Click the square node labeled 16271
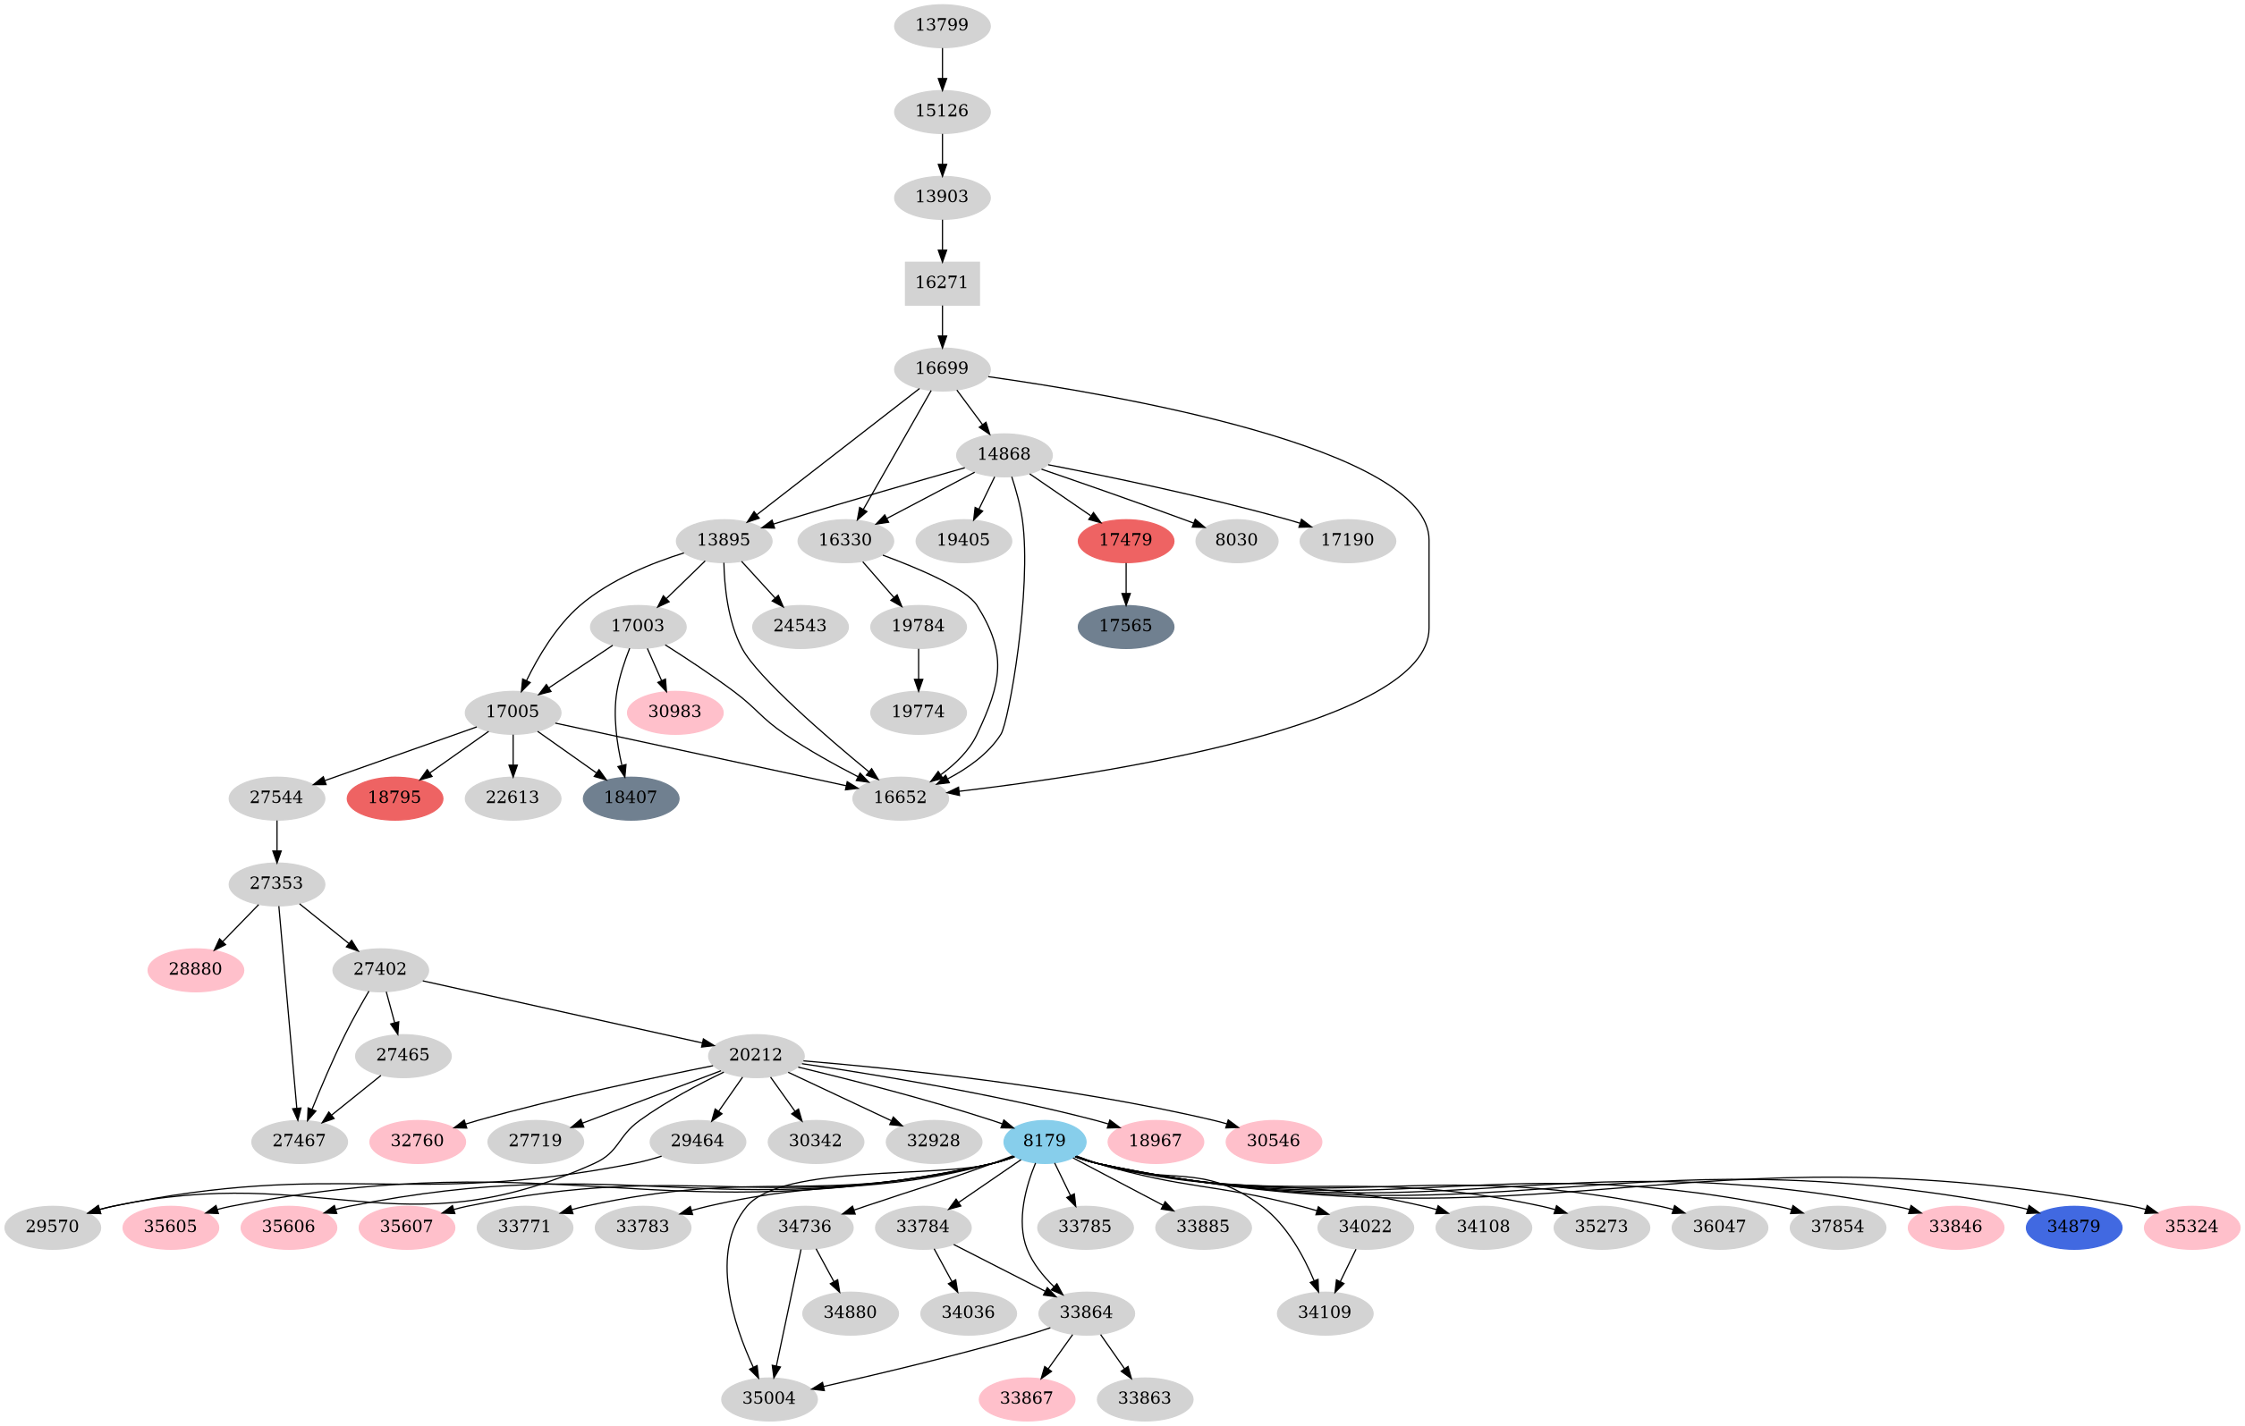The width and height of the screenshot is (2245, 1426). coord(942,283)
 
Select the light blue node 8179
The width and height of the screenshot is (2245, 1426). coord(1044,1141)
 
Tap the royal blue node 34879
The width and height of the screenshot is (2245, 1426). coord(2073,1227)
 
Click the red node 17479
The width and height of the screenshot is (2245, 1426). coord(1125,541)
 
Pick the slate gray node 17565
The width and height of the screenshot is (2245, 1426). coord(1125,627)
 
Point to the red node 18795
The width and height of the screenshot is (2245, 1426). coord(394,797)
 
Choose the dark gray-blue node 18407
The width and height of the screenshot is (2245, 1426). coord(631,797)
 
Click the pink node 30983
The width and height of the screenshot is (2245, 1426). coord(674,712)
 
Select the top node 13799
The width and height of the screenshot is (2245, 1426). coord(942,25)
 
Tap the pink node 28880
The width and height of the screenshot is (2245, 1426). coord(196,969)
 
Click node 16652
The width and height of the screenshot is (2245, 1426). coord(900,797)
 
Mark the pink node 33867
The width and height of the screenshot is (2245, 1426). coord(1026,1398)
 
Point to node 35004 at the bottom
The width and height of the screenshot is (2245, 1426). coord(769,1398)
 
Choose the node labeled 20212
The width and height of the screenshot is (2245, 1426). coord(755,1055)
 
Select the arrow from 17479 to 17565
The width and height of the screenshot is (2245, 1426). coord(1125,584)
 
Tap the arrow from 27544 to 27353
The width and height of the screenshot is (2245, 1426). coord(277,840)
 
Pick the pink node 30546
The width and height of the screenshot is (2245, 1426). coord(1273,1141)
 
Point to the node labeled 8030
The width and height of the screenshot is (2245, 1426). coord(1236,541)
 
